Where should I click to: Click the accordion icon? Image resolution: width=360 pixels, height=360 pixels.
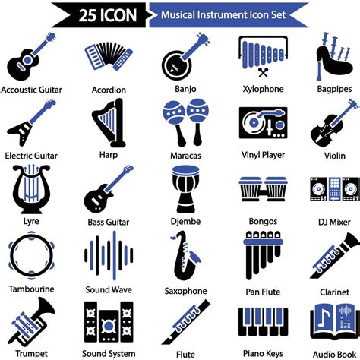(109, 56)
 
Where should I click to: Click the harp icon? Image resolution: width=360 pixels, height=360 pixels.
(109, 123)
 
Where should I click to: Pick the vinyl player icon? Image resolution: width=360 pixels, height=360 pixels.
(263, 123)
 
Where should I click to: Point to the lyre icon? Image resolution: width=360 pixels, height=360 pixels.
(31, 189)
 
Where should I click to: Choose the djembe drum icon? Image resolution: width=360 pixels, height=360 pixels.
(186, 189)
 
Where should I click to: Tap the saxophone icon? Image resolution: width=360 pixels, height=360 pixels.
(185, 256)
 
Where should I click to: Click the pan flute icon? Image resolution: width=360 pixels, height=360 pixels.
(263, 254)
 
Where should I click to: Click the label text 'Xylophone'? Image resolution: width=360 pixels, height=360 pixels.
(263, 89)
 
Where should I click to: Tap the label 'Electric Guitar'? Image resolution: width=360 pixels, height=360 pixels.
(31, 156)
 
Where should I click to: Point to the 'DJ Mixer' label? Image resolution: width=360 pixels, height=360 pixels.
(334, 223)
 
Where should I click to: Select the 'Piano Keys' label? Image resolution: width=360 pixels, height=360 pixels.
(263, 353)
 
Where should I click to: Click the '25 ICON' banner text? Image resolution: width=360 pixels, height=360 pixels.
(108, 15)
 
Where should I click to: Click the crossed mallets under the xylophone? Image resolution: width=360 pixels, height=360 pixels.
(263, 73)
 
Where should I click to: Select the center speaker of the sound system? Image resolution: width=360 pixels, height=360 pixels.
(109, 326)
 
